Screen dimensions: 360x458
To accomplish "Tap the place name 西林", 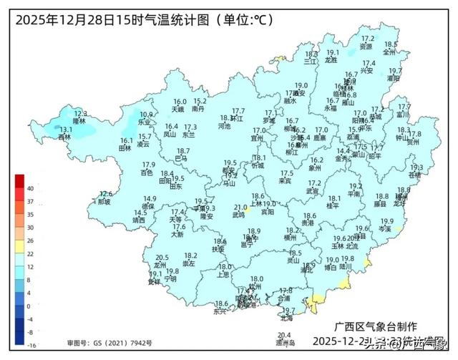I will [x=65, y=137].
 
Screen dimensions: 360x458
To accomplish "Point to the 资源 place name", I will [x=366, y=47].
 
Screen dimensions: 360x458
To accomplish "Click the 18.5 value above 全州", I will [x=391, y=44].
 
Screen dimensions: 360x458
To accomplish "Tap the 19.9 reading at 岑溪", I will [x=387, y=221].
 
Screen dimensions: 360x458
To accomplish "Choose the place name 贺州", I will [x=413, y=142].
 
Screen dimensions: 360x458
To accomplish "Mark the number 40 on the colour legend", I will [x=31, y=188].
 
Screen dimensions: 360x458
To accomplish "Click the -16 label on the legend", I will [x=31, y=345].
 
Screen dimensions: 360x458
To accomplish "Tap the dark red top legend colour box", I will [x=19, y=179].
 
